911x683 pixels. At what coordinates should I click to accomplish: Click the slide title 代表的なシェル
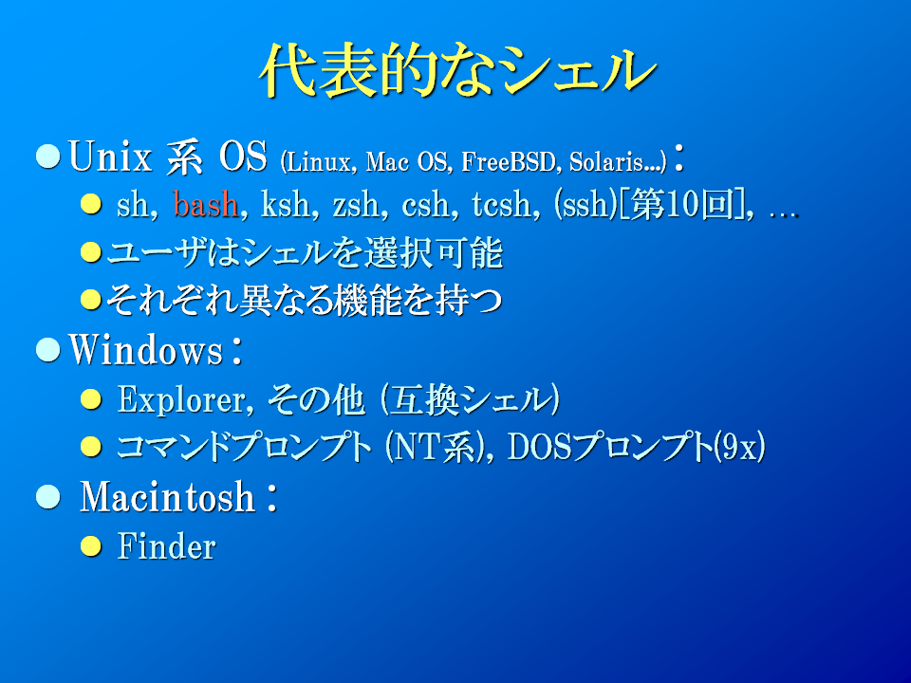pyautogui.click(x=457, y=69)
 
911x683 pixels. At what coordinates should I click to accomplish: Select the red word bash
pyautogui.click(x=206, y=205)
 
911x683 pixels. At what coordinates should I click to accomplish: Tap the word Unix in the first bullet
pyautogui.click(x=110, y=157)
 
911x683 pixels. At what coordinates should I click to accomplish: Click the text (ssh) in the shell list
pyautogui.click(x=586, y=205)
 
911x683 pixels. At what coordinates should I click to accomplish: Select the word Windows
pyautogui.click(x=146, y=350)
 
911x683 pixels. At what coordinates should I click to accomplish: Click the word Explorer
pyautogui.click(x=185, y=400)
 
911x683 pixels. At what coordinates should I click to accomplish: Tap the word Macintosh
pyautogui.click(x=167, y=497)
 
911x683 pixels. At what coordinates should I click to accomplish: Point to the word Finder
pyautogui.click(x=167, y=546)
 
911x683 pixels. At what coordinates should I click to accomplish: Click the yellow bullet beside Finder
pyautogui.click(x=91, y=546)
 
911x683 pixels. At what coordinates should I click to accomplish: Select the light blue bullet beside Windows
pyautogui.click(x=48, y=350)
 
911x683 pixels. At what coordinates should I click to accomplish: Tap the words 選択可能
pyautogui.click(x=433, y=253)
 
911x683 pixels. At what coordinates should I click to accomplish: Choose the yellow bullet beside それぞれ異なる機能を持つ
pyautogui.click(x=91, y=300)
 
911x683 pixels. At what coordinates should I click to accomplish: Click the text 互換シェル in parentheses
pyautogui.click(x=470, y=400)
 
